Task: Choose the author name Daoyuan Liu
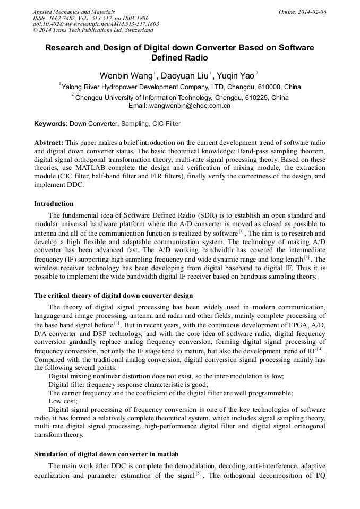tap(185, 75)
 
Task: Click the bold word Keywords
tap(50, 124)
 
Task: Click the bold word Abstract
tap(48, 143)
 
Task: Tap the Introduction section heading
tap(54, 204)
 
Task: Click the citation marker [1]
tap(241, 231)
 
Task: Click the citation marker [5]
tap(199, 473)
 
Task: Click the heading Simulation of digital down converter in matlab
tap(106, 454)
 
